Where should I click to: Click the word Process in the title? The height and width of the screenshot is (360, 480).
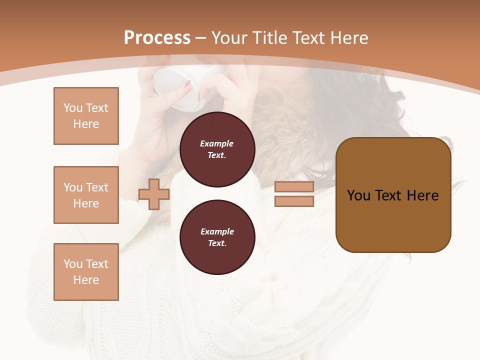click(157, 38)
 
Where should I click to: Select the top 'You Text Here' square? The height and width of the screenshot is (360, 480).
click(86, 116)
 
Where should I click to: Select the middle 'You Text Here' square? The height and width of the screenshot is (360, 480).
click(86, 195)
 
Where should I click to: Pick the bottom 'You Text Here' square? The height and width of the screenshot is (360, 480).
click(86, 271)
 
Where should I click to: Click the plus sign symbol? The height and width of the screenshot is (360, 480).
click(154, 194)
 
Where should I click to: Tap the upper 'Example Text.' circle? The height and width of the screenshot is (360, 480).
click(217, 149)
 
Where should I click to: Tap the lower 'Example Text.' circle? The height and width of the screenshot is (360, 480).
click(217, 237)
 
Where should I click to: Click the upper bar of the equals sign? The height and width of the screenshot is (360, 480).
click(294, 187)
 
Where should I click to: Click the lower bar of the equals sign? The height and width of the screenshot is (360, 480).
click(294, 201)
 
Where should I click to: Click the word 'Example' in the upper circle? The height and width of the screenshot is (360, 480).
click(217, 143)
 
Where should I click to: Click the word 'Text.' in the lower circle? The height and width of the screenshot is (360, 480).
click(217, 243)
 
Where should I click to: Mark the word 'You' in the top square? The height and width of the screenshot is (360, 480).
click(73, 108)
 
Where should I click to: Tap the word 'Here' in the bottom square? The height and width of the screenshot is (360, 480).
click(86, 280)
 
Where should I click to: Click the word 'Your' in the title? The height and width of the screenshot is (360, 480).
click(228, 38)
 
